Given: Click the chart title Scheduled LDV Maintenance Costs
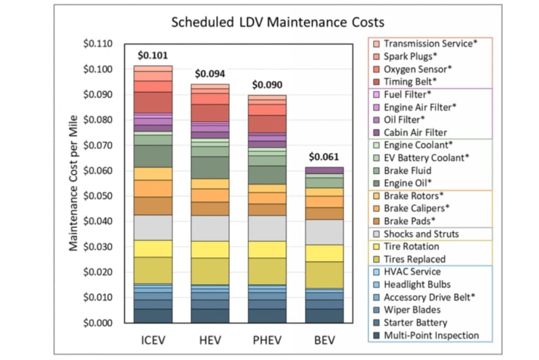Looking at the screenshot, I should [278, 23].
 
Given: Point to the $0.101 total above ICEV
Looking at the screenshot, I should [152, 56].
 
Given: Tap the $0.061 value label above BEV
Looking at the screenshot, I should [323, 157].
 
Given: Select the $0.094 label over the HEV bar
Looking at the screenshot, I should [209, 74].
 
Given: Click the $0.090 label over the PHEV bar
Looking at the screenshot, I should [267, 84].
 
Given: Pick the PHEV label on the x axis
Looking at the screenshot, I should [267, 341].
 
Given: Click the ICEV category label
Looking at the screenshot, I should [152, 341].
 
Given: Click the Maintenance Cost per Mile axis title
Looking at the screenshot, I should [74, 182].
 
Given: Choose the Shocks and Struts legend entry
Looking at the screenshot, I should [421, 233].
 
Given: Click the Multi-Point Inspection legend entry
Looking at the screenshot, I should [431, 335].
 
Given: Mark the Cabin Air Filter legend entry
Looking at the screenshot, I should [415, 133].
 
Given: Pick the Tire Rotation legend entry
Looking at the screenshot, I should [411, 246].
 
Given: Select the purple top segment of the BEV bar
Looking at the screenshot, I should [324, 170].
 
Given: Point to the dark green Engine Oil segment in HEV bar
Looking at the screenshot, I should [210, 168].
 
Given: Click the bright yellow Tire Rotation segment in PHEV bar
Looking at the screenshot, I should [267, 249].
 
